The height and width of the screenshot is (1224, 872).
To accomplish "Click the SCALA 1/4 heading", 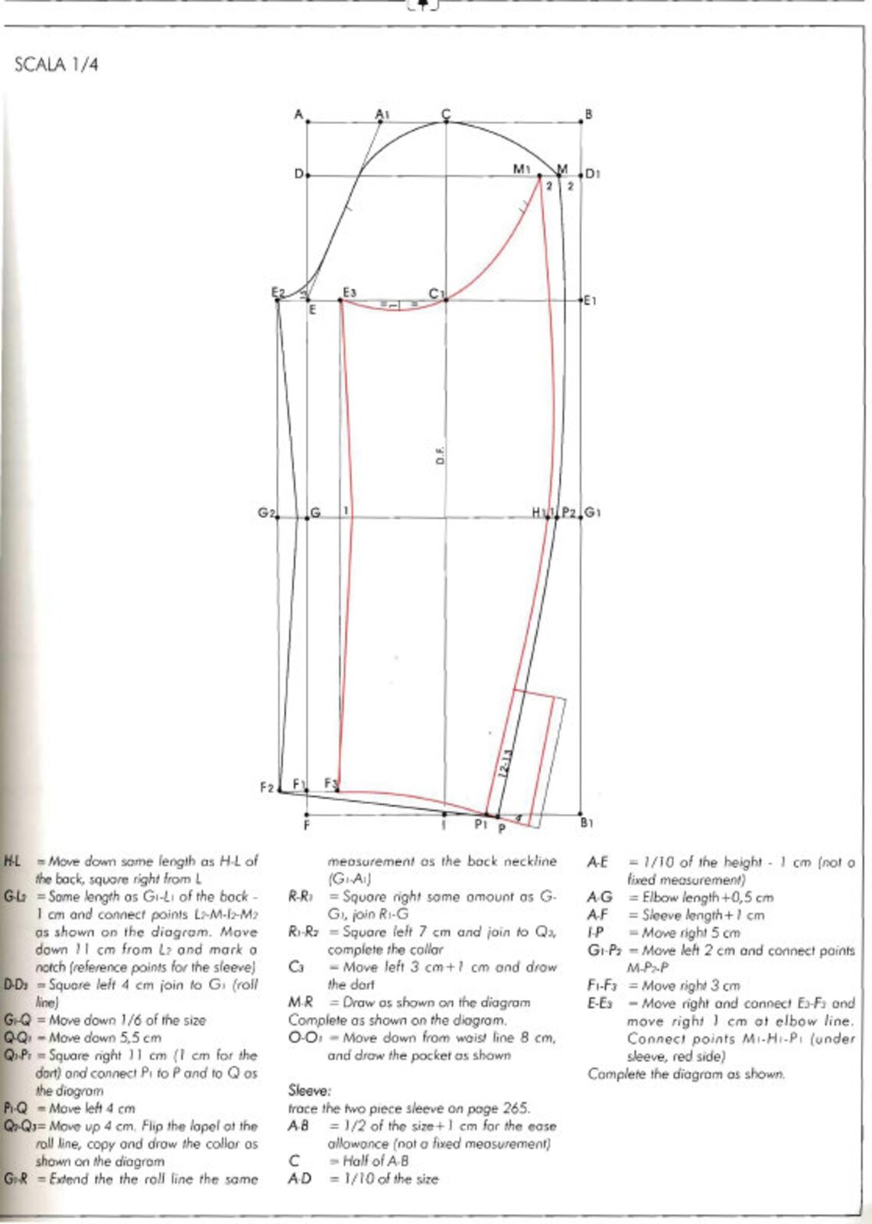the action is [x=57, y=64].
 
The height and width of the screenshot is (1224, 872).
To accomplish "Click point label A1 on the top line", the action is [x=382, y=114].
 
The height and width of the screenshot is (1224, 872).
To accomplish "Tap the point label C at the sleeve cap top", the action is [x=446, y=114].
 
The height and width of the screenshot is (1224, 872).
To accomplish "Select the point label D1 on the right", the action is [x=593, y=174].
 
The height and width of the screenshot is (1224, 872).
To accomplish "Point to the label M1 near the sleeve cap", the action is [x=521, y=168].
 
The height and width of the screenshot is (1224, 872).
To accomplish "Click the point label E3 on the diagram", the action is [x=350, y=292].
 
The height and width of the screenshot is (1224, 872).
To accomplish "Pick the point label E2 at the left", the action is [x=278, y=292].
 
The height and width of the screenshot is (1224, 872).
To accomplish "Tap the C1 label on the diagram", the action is [x=436, y=293].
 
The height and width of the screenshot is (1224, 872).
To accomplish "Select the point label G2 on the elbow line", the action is [x=266, y=512].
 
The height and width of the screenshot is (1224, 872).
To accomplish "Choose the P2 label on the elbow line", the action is [x=568, y=512].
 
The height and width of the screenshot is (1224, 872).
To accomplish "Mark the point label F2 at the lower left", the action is [x=266, y=787].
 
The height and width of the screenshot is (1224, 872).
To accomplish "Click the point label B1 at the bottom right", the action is [x=587, y=823].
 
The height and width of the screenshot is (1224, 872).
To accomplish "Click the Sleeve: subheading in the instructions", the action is [x=309, y=1090].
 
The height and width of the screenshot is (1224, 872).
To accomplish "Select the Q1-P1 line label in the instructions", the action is [x=15, y=1055].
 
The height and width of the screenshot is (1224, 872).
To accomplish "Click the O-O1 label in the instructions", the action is [x=304, y=1037].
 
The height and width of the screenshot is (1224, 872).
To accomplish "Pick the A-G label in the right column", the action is [x=600, y=897].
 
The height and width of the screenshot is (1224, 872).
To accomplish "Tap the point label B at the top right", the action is [x=588, y=114].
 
